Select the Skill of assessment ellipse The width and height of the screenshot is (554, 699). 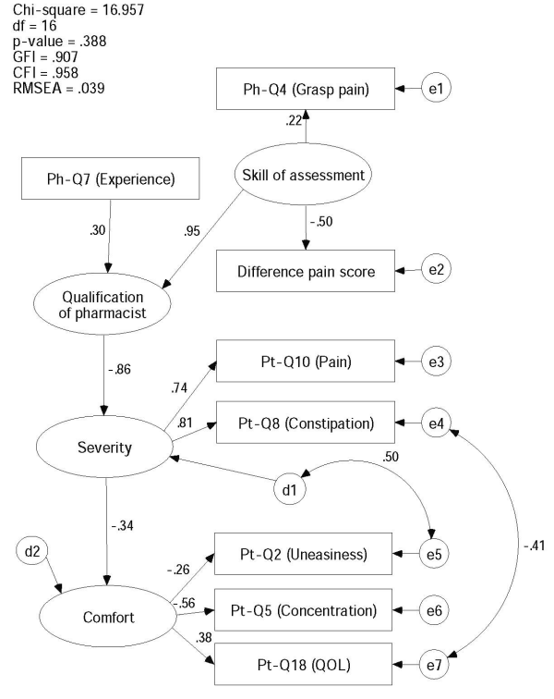[306, 176]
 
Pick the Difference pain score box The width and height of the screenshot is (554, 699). [306, 271]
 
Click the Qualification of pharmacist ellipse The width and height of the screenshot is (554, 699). [105, 305]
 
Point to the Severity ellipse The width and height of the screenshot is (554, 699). [104, 448]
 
